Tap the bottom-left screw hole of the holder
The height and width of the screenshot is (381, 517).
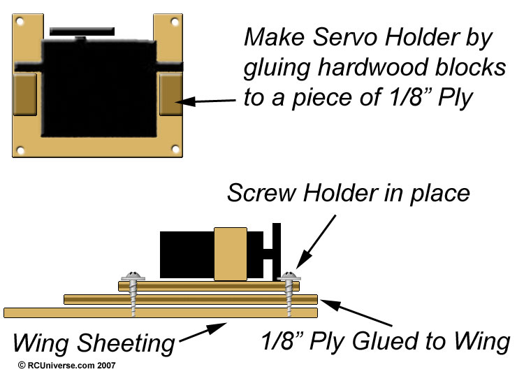(21, 149)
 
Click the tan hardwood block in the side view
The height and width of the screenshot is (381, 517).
(231, 252)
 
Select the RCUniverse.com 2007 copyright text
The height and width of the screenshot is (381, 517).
(67, 365)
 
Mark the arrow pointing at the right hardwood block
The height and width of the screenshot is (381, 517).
(210, 101)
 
